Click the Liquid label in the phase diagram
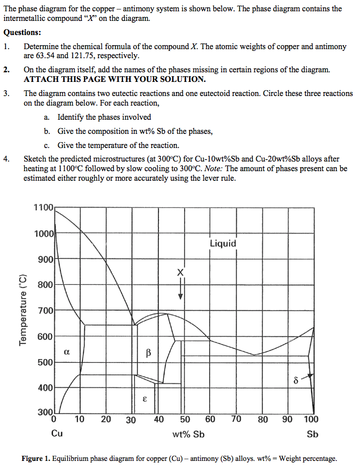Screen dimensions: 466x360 [223, 243]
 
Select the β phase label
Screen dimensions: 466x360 [148, 354]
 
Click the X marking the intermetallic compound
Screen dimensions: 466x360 [181, 273]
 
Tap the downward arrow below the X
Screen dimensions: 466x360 [181, 289]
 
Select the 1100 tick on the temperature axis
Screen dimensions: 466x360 [43, 207]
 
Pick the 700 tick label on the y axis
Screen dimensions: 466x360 [45, 311]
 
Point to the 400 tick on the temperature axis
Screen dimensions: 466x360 [45, 388]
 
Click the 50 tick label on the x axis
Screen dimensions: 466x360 [185, 419]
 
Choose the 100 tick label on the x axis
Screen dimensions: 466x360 [311, 419]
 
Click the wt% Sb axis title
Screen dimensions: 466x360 [188, 434]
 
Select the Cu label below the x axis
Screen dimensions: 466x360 [57, 434]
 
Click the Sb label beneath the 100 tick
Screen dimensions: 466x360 [312, 434]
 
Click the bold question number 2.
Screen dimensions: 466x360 [7, 69]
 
